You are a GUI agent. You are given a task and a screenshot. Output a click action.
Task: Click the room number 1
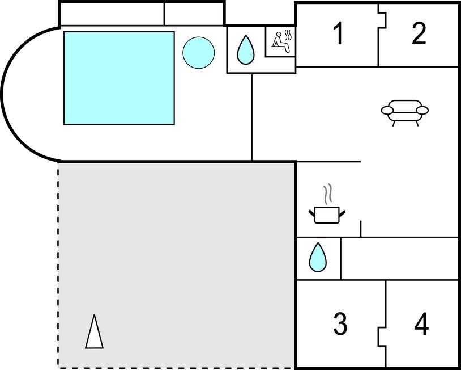click(338, 34)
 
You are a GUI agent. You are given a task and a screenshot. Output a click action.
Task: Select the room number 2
click(419, 34)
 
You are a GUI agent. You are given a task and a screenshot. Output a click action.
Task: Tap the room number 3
click(340, 324)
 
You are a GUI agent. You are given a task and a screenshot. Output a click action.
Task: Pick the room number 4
click(421, 325)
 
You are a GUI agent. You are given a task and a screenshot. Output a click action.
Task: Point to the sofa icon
click(404, 112)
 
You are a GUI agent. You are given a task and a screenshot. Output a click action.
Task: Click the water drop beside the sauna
click(245, 50)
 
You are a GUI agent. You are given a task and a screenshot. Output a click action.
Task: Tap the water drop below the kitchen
click(318, 258)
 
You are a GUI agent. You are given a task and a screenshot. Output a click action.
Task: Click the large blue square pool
click(119, 78)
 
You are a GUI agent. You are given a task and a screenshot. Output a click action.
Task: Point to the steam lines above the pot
click(327, 195)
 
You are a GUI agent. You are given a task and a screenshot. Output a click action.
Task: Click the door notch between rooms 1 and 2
click(381, 19)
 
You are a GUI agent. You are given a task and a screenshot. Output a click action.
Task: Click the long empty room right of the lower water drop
click(399, 258)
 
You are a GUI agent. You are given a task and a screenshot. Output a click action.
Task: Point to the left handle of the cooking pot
click(312, 213)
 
